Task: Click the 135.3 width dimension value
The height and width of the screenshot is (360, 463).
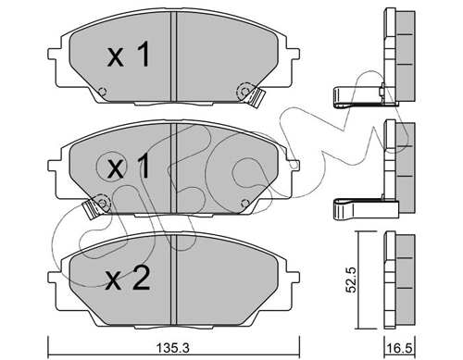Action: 173,349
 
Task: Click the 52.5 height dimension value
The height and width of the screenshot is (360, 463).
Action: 351,279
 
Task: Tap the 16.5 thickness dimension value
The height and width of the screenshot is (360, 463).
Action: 400,349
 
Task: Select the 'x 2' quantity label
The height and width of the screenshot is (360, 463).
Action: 128,279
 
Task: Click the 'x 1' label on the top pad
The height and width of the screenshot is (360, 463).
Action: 129,55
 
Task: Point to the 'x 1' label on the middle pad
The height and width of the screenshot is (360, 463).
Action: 129,167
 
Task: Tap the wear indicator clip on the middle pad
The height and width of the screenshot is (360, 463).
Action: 93,208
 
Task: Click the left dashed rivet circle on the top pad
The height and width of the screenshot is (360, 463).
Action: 102,92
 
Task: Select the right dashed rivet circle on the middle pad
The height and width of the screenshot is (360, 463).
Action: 244,203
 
